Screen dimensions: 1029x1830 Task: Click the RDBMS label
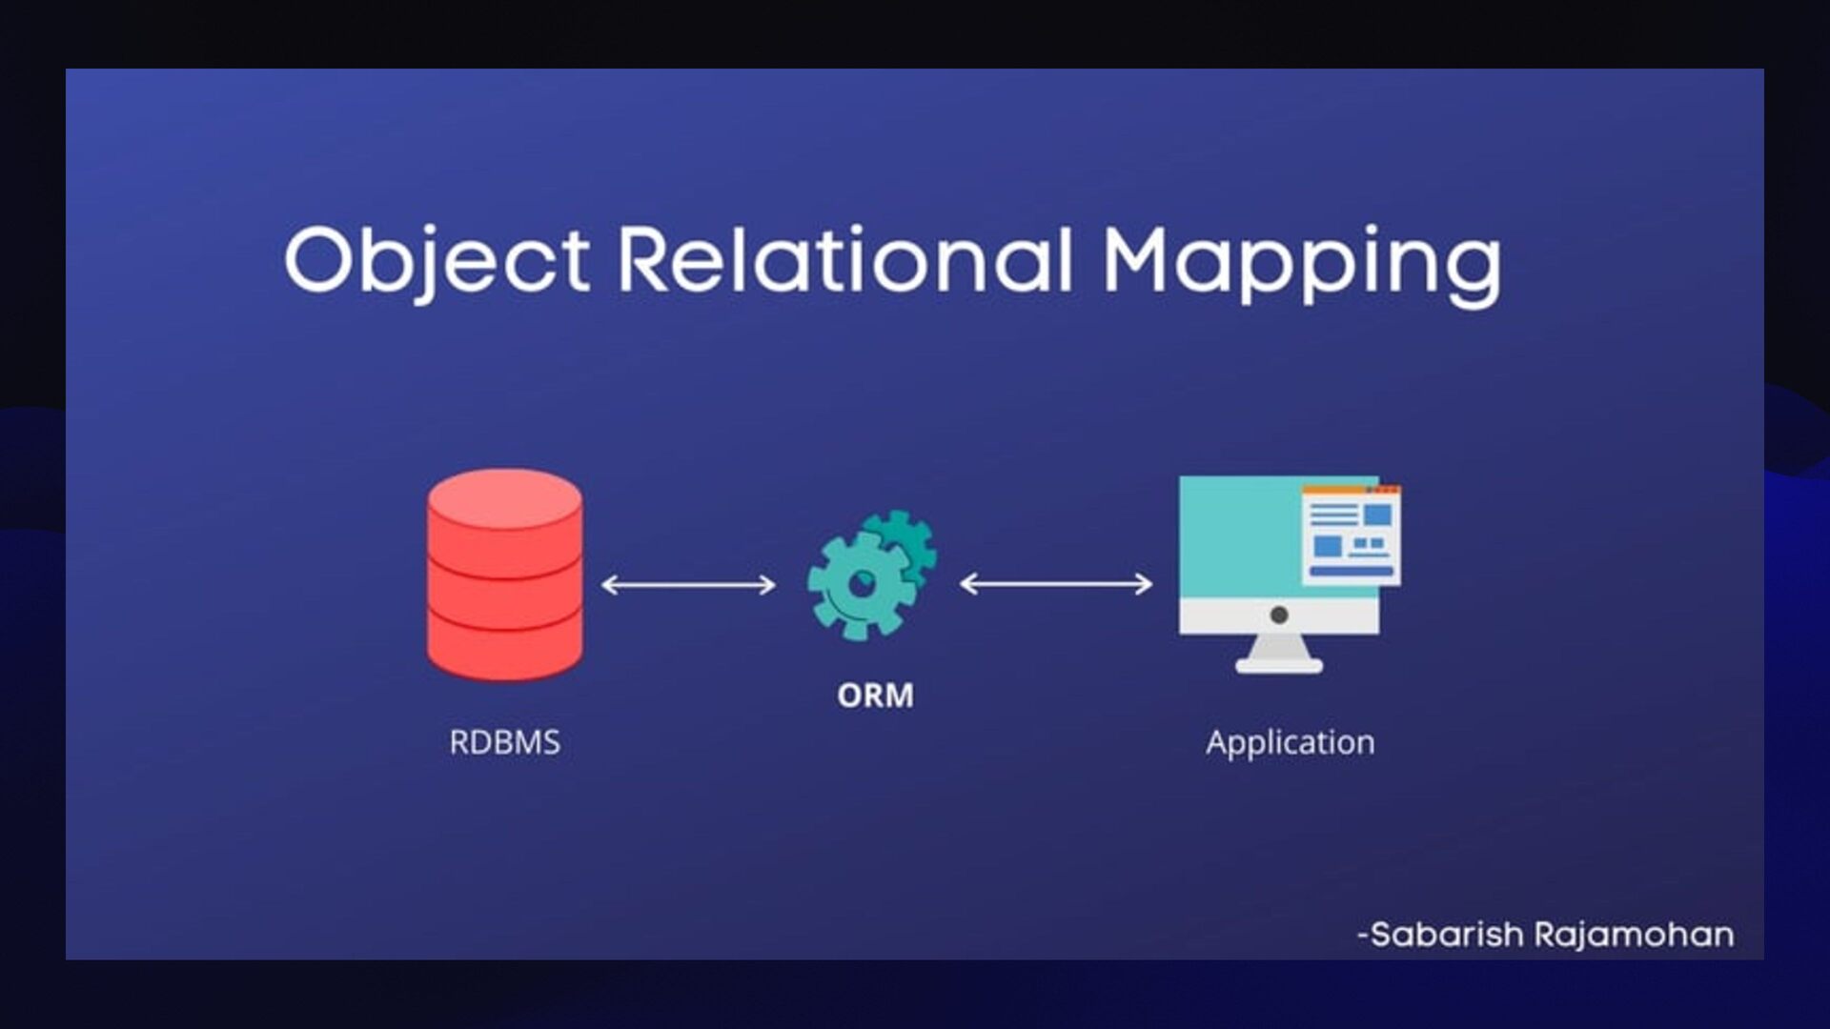tap(504, 742)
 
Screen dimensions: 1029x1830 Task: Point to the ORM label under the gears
tap(875, 696)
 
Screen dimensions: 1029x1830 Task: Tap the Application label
tap(1290, 742)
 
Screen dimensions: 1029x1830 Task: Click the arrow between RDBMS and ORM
tap(688, 584)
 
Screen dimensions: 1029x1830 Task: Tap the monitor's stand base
tap(1279, 665)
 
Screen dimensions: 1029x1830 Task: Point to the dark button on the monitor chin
tap(1279, 615)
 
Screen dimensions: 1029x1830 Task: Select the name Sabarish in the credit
tap(1446, 935)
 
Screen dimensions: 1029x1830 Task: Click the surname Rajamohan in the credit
tap(1634, 935)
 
